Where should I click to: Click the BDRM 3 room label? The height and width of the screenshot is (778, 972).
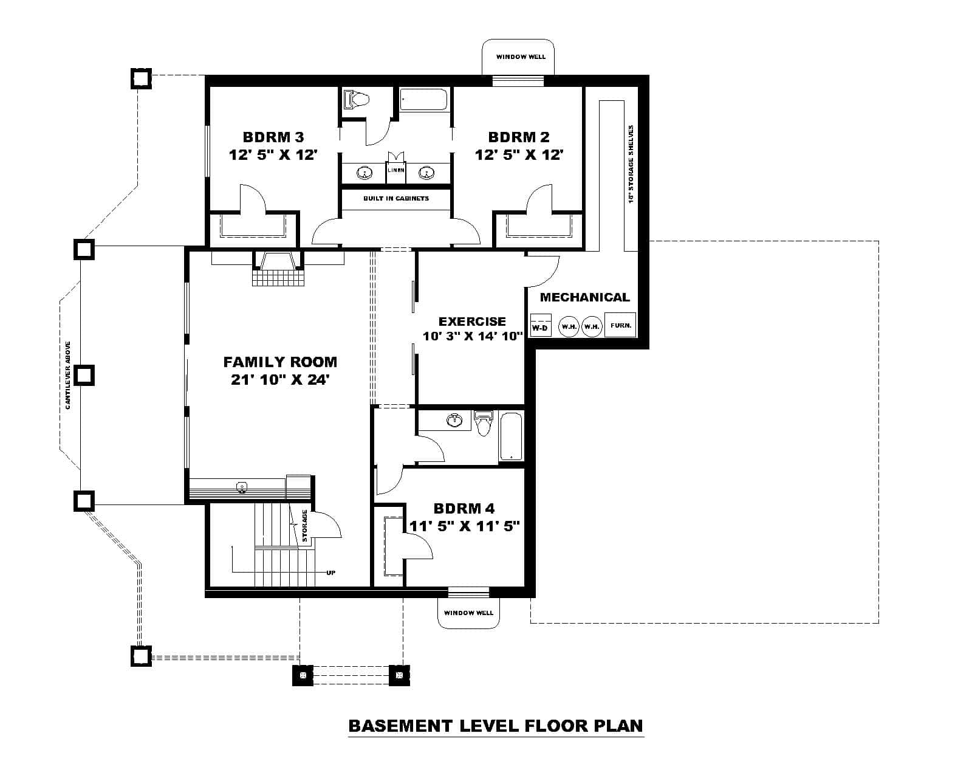point(273,137)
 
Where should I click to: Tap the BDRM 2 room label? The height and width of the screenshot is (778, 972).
point(519,137)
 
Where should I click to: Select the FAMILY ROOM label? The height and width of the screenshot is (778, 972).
point(280,362)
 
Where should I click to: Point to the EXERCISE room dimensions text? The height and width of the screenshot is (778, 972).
point(473,336)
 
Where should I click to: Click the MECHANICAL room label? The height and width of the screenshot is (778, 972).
point(584,297)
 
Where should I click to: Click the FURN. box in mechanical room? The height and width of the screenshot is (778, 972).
point(620,325)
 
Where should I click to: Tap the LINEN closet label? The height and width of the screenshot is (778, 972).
point(396,170)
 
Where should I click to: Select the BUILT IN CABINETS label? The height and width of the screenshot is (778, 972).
point(396,199)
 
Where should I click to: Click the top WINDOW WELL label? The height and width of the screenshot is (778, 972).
point(521,57)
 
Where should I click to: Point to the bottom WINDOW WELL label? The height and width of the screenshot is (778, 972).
point(468,613)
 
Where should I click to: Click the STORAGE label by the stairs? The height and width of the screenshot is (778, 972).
point(305,526)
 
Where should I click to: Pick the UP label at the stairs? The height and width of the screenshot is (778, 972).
point(330,573)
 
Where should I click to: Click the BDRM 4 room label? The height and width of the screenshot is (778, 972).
point(464,508)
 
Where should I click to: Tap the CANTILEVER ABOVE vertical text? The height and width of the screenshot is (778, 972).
point(68,374)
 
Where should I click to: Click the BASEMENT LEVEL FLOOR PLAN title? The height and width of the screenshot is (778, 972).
point(495,726)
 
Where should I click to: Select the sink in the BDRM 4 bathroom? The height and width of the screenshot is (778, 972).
point(453,420)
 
